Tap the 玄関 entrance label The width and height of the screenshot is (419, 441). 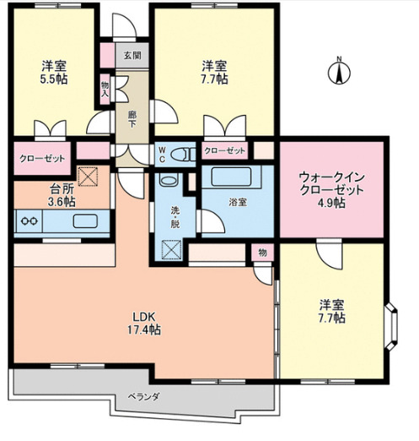[132, 56]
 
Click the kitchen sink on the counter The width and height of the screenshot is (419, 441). [85, 222]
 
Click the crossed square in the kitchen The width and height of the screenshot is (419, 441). [88, 177]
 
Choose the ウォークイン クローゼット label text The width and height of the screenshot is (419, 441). [332, 184]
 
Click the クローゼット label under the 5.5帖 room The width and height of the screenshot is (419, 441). [36, 157]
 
